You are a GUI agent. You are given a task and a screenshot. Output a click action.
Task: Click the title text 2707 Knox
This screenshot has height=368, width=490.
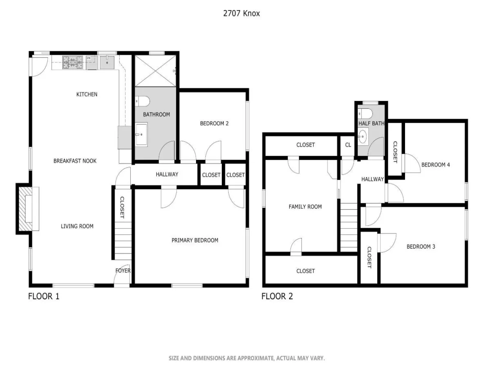point(241,13)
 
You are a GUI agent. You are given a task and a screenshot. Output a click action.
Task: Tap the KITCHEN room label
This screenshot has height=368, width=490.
point(87,94)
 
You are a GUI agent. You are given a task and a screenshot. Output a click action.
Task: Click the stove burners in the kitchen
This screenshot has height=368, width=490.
point(73,62)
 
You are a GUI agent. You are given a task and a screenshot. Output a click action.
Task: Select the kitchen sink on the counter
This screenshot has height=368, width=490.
point(107,62)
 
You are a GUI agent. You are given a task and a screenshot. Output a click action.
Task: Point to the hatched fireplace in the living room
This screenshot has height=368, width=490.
point(25,209)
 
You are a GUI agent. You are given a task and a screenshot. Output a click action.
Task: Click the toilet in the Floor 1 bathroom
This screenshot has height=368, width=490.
point(142,101)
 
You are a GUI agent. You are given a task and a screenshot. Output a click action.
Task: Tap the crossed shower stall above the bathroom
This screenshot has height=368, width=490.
point(156,71)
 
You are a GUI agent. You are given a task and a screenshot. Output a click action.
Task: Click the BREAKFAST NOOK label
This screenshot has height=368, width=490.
point(75,161)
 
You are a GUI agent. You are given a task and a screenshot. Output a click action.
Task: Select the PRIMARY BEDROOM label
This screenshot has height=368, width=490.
point(195,240)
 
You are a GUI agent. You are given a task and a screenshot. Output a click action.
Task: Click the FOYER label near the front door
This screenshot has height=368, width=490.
point(123,271)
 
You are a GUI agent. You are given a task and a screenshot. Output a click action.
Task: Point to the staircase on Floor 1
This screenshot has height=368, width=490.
point(123,241)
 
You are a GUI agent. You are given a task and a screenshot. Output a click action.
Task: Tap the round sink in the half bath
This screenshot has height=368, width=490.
point(363,136)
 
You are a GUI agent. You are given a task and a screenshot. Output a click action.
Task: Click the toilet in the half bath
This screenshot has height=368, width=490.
point(365,114)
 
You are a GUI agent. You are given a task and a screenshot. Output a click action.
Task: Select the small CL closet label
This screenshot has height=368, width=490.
point(348,145)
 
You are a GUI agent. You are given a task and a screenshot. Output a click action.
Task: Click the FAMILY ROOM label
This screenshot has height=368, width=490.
point(305,206)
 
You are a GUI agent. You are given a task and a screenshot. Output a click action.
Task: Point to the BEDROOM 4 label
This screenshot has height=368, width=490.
point(436,165)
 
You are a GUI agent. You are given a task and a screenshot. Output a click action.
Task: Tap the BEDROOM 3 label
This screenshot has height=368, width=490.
point(421,247)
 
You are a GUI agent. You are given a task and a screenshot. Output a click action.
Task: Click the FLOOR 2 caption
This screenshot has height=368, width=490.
point(277,296)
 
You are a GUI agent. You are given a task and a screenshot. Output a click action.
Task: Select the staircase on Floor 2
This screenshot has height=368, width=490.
point(349,227)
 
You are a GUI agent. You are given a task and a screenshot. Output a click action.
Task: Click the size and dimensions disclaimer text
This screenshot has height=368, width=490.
point(247,359)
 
